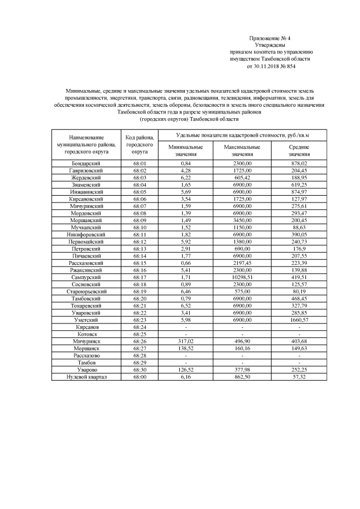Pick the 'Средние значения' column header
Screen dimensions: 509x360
tap(299, 150)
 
